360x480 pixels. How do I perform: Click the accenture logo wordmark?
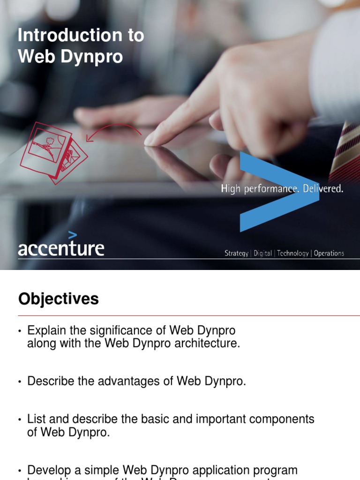coord(61,248)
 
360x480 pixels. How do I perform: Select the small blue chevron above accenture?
coord(72,235)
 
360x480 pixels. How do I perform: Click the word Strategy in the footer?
coord(236,254)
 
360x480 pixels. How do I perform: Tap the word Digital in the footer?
coord(262,254)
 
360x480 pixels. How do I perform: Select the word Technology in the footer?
coord(292,254)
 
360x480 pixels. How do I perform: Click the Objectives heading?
coord(59,299)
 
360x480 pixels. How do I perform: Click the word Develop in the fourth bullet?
coord(48,470)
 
